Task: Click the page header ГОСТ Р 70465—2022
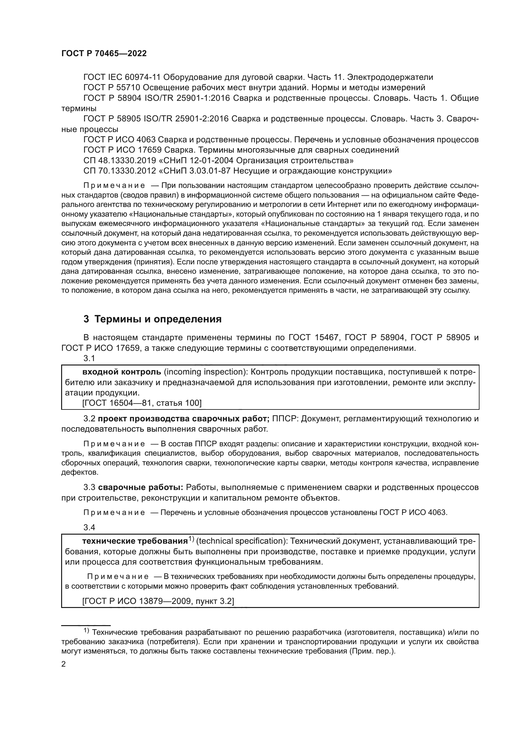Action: [x=104, y=54]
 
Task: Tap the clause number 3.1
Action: [x=89, y=358]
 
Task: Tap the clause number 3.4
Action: [x=89, y=527]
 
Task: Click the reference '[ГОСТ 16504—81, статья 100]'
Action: [x=142, y=403]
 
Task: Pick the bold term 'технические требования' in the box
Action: [x=135, y=541]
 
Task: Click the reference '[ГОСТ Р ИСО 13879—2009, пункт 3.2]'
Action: [x=158, y=601]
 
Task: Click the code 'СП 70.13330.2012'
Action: [x=119, y=171]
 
